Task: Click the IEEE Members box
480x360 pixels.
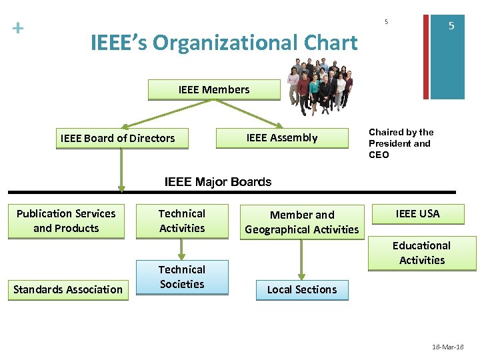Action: (x=214, y=90)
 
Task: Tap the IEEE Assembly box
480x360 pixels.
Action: (x=282, y=138)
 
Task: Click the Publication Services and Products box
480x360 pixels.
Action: (x=66, y=221)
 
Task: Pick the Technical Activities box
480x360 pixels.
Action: (x=182, y=221)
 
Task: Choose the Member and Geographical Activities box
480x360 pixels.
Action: (x=302, y=223)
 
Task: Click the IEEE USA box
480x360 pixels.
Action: (x=418, y=214)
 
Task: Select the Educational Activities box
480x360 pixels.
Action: (x=422, y=253)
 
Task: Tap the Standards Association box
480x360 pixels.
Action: (x=68, y=290)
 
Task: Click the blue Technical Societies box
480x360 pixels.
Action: (x=182, y=277)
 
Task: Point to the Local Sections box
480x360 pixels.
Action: (x=302, y=290)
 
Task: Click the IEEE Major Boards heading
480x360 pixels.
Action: (x=218, y=182)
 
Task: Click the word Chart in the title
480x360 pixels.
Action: (x=329, y=43)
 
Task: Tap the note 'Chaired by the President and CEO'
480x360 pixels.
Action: (x=401, y=143)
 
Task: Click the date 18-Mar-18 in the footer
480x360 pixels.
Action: (x=448, y=347)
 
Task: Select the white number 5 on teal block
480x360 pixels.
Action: (x=451, y=26)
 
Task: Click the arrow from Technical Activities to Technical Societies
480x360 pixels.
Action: (x=182, y=249)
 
